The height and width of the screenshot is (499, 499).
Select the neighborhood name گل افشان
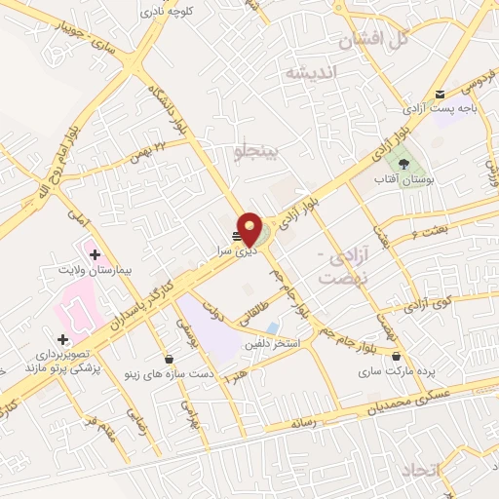pyautogui.click(x=372, y=40)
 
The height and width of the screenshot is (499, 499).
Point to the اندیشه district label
pyautogui.click(x=310, y=73)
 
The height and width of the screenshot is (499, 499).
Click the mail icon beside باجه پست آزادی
pyautogui.click(x=441, y=95)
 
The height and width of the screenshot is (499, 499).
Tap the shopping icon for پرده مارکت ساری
pyautogui.click(x=396, y=357)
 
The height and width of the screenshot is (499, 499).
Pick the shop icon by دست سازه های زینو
pyautogui.click(x=170, y=359)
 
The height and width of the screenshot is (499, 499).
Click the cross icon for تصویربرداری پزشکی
pyautogui.click(x=63, y=339)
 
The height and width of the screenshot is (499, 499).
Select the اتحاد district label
pyautogui.click(x=448, y=471)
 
